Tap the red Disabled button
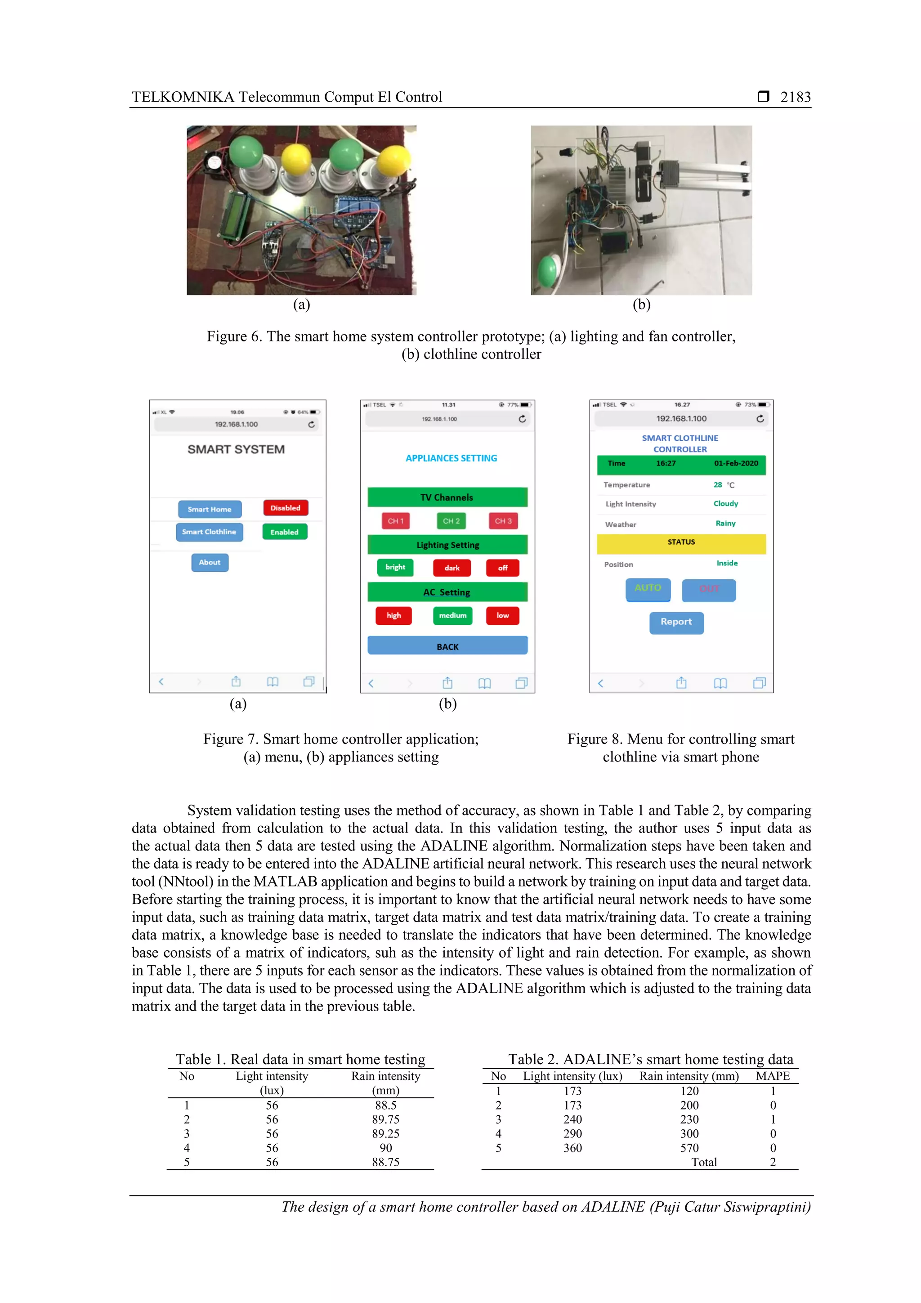click(x=286, y=508)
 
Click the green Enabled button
click(x=284, y=532)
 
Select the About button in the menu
click(x=210, y=562)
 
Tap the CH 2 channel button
click(x=451, y=521)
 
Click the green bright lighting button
click(x=396, y=567)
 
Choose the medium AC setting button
click(x=452, y=615)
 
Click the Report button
click(x=676, y=622)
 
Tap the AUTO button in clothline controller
click(x=648, y=588)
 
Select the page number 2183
click(x=795, y=97)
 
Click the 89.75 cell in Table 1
click(x=385, y=1119)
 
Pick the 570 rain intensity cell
click(x=689, y=1147)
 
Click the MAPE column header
click(x=772, y=1076)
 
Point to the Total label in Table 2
click(x=704, y=1162)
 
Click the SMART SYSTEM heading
click(x=236, y=449)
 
